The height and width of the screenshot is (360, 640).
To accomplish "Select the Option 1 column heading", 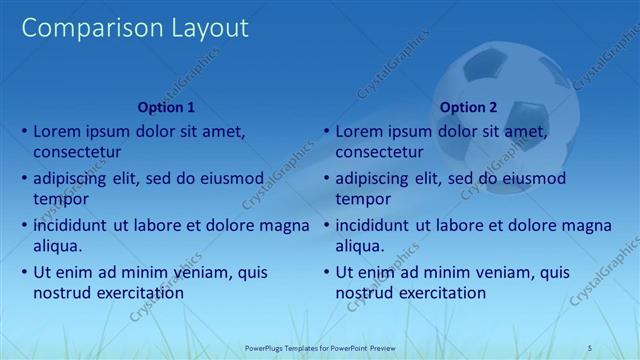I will click(166, 107).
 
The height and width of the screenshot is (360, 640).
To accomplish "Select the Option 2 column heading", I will click(468, 107).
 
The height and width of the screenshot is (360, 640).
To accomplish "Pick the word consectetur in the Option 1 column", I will click(77, 152).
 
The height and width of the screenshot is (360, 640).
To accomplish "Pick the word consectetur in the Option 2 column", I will click(379, 152).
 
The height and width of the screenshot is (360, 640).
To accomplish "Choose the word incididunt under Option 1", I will click(73, 225).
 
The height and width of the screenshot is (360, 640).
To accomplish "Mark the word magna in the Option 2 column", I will click(587, 225).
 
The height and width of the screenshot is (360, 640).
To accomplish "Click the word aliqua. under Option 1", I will click(57, 246).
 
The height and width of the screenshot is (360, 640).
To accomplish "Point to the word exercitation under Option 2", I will click(441, 293).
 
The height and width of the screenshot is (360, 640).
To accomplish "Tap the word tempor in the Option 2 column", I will click(362, 199).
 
